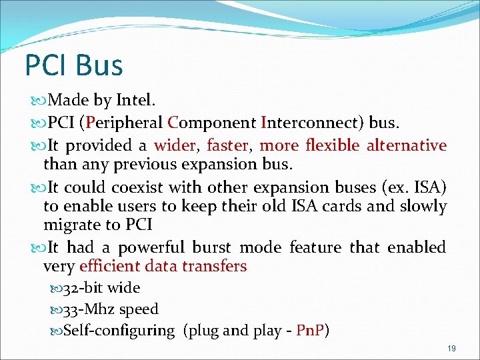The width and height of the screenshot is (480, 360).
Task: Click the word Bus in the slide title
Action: point(99,65)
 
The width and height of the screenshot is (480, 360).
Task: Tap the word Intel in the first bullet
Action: point(134,101)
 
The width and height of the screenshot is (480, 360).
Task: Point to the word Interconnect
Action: point(307,123)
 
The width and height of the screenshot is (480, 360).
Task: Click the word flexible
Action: point(332,145)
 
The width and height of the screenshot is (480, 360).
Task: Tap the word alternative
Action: point(406,145)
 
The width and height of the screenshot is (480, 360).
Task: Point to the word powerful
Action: point(152,248)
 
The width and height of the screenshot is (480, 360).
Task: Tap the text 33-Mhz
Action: point(87,309)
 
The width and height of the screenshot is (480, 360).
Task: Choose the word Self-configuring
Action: point(119,331)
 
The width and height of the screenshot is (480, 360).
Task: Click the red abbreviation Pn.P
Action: point(309,331)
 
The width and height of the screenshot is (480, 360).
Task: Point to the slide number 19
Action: point(451,349)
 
